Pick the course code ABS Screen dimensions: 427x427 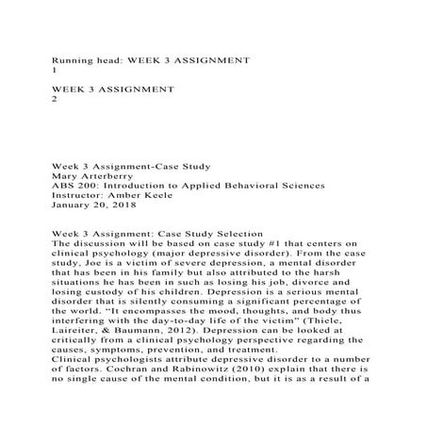point(64,187)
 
